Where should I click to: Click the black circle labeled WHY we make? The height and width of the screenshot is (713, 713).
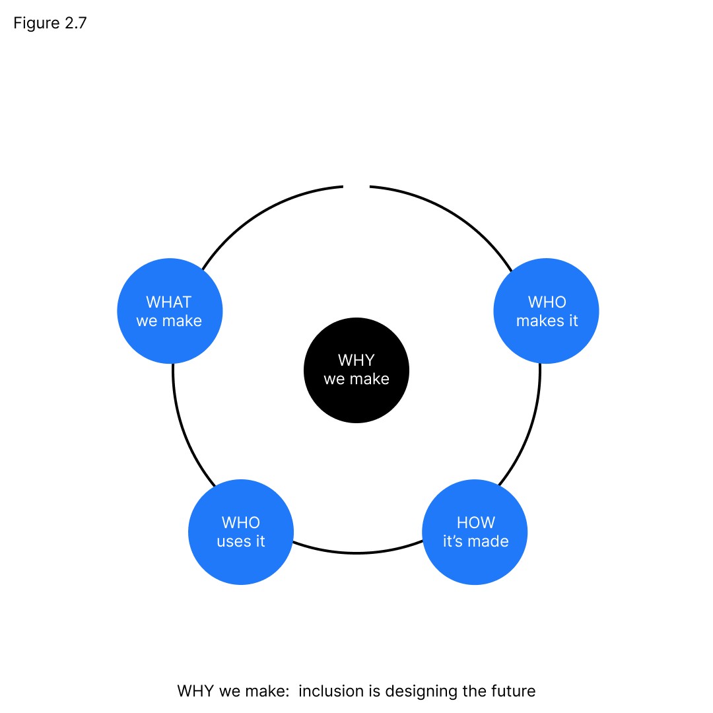point(356,370)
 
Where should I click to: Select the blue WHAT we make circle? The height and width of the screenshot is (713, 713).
point(170,311)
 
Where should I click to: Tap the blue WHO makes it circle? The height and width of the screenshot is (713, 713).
point(547,311)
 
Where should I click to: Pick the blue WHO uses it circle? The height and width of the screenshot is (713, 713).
point(241,532)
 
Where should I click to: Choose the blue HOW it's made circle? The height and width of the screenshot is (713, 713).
point(475,532)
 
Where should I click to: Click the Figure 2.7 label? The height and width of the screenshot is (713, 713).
point(50,24)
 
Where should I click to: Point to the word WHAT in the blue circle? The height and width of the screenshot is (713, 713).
point(169,302)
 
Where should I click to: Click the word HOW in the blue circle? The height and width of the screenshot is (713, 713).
point(475,523)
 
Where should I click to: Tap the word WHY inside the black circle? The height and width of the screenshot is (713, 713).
point(356,360)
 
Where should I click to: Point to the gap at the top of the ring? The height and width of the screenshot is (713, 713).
point(356,187)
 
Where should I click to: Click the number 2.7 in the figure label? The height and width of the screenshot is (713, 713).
point(75,24)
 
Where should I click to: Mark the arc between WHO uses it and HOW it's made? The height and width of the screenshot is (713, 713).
point(356,553)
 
